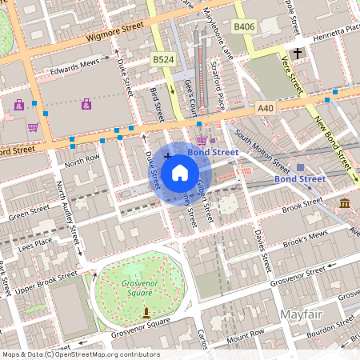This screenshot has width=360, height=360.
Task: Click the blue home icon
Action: point(180,172)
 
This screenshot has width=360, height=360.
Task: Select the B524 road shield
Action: point(163,58)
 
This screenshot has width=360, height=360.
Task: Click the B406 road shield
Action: point(245,27)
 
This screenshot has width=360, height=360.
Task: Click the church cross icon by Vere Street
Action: point(298,54)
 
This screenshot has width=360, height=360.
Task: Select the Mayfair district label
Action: point(302,315)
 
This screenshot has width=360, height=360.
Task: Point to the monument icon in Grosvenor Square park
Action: point(146,310)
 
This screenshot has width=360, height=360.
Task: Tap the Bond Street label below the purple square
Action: point(299,179)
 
